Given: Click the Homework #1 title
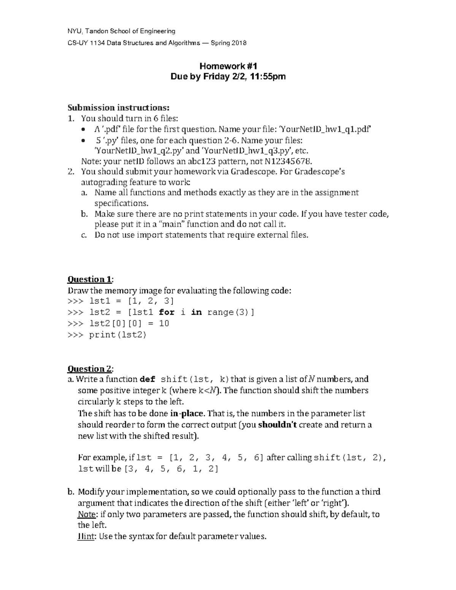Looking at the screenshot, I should coord(228,65).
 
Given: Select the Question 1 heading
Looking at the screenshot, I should coord(90,280).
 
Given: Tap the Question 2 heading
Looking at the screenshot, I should coord(90,369).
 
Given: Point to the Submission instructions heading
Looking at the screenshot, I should coord(118,108).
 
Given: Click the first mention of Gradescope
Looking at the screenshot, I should coord(253,172).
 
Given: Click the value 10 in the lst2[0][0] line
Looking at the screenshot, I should coord(164,324).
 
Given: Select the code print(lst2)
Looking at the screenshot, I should coord(117,335).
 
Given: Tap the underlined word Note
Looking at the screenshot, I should coord(86,514).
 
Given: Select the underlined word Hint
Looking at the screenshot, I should coord(86,537).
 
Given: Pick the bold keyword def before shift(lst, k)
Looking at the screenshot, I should coord(148,380).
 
